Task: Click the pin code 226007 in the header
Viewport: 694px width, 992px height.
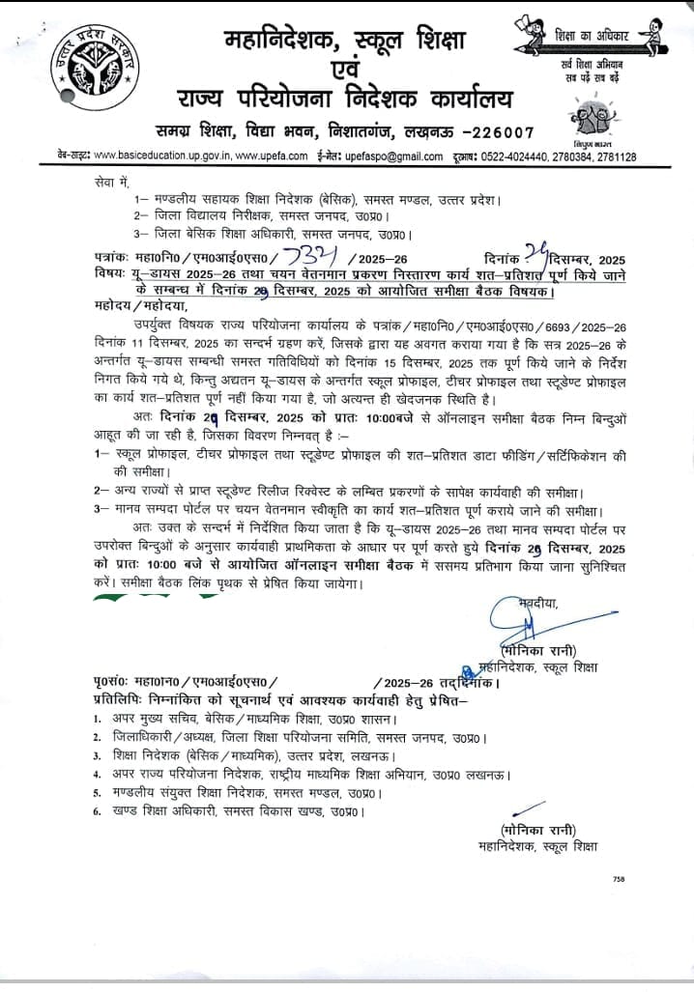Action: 494,132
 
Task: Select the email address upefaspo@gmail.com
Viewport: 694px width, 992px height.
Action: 390,156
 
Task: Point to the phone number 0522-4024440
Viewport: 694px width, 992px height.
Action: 523,156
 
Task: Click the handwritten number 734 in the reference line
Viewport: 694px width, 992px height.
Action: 309,257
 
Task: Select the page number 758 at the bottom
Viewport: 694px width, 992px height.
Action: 619,879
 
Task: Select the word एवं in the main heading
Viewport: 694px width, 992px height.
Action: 346,70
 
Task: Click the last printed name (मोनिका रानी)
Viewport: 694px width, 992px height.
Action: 538,830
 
